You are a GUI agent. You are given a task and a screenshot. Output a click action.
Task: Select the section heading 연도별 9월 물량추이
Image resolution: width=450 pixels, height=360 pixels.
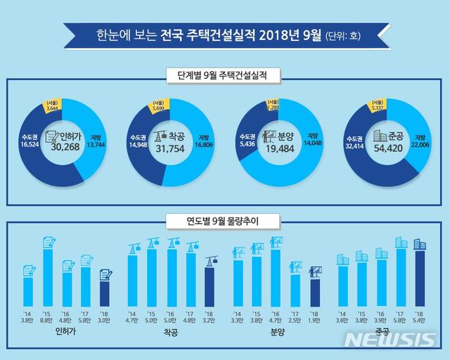pyautogui.click(x=225, y=224)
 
